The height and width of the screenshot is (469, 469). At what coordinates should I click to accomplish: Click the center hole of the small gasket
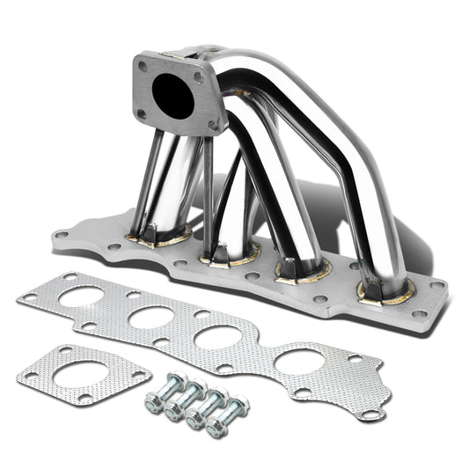[78, 378]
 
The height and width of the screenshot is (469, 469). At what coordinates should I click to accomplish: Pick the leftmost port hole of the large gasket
[80, 296]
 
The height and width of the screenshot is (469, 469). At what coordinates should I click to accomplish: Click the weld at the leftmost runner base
[163, 235]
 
